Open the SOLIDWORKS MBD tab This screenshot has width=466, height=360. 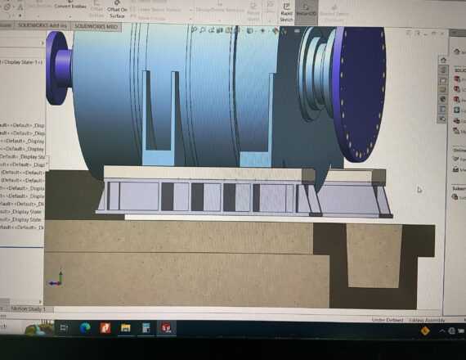(96, 25)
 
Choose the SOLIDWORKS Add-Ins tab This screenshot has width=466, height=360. (42, 25)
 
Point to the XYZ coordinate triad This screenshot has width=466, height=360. (56, 281)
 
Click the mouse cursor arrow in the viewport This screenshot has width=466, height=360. (419, 190)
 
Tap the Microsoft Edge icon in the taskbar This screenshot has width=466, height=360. (84, 328)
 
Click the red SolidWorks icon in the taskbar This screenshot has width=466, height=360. (168, 328)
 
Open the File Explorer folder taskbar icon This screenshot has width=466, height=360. (126, 328)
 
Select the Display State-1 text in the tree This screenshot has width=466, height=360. (23, 62)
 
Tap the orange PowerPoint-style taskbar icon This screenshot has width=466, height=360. (105, 328)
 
